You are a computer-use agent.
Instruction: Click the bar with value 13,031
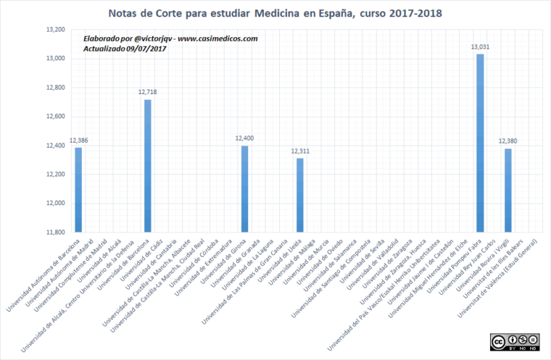(x=480, y=143)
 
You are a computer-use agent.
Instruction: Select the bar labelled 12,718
(x=147, y=166)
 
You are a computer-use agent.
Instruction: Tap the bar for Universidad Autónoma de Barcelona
(x=79, y=189)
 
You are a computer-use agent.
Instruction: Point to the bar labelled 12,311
(x=300, y=195)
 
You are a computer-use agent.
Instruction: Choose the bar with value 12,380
(x=507, y=190)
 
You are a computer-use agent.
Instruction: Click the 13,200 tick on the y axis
(x=55, y=29)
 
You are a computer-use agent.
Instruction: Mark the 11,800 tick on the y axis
(x=55, y=232)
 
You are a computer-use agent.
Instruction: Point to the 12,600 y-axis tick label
(x=55, y=116)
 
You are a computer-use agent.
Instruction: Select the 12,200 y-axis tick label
(x=55, y=174)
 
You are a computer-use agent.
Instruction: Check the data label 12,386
(x=79, y=140)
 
